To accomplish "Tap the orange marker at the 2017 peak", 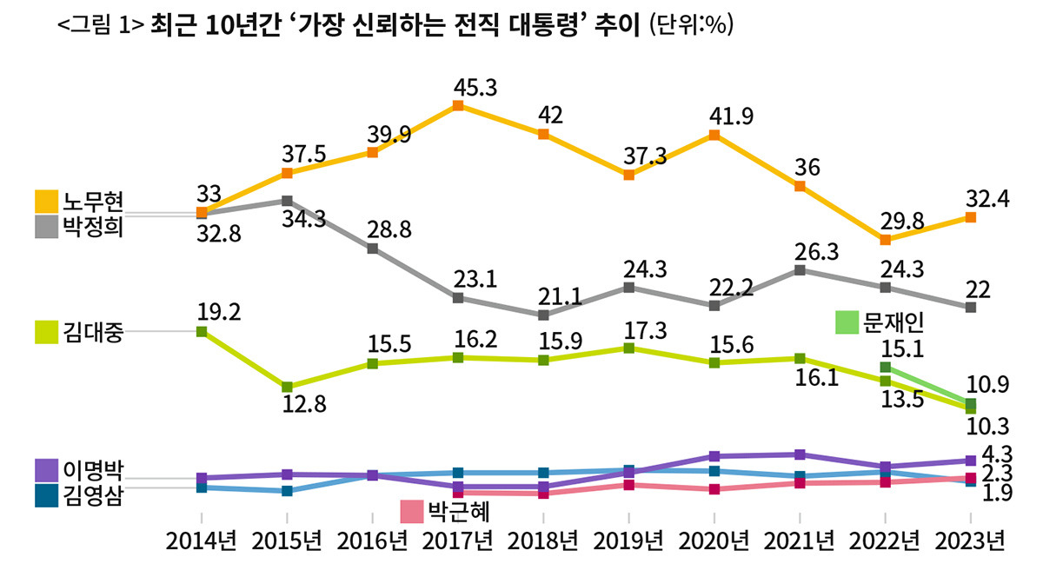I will click(458, 106).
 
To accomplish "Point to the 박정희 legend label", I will click(94, 228).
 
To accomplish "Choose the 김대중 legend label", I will click(94, 331).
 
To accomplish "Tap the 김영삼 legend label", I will click(94, 496).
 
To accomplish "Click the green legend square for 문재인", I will click(846, 322).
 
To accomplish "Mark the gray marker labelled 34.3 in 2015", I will click(287, 201).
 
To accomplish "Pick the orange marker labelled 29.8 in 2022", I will click(885, 239).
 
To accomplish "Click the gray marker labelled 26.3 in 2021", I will click(800, 270).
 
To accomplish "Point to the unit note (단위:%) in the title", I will click(692, 26).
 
